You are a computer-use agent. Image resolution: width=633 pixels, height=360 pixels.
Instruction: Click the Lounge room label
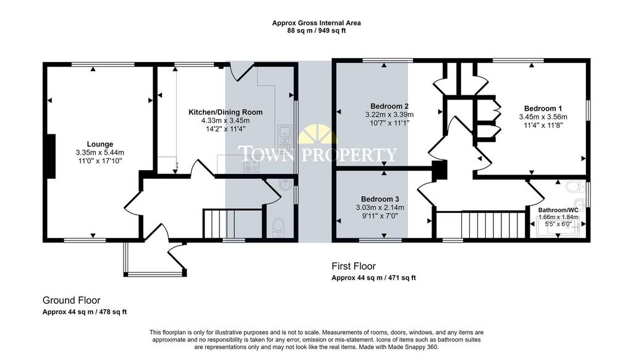click(100, 144)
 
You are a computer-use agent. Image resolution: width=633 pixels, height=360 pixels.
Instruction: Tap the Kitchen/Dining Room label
click(226, 113)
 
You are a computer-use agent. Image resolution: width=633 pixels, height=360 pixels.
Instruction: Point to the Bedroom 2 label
click(389, 106)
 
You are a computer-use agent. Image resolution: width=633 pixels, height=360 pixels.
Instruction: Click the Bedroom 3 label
click(380, 199)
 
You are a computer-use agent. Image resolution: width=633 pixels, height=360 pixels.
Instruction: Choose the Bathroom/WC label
click(558, 210)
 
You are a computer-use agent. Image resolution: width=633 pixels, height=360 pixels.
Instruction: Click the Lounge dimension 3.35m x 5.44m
click(100, 153)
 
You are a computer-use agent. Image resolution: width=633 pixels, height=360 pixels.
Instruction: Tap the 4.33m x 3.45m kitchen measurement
click(226, 121)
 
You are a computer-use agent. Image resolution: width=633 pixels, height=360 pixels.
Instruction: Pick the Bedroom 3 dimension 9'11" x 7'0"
click(380, 216)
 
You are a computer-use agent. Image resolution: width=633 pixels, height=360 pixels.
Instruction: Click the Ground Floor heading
click(72, 300)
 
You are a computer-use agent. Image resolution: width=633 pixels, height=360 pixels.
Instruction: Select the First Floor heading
click(354, 266)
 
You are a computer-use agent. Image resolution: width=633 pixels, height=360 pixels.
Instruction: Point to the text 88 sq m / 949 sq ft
click(316, 30)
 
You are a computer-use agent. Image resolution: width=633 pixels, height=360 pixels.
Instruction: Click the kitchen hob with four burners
click(251, 164)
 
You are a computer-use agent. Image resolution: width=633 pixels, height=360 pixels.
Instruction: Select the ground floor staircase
click(232, 224)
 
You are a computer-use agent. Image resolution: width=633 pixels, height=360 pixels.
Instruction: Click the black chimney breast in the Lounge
click(50, 156)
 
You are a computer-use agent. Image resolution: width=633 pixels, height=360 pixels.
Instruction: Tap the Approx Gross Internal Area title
click(316, 23)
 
